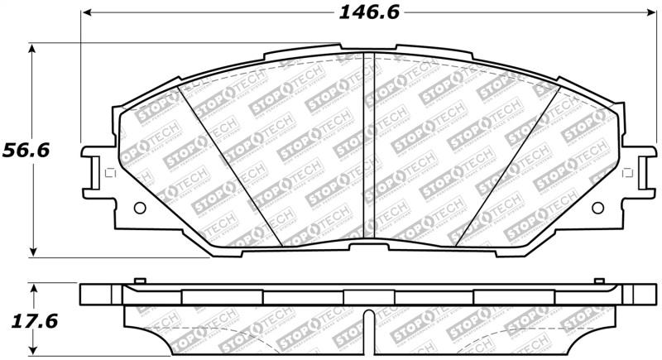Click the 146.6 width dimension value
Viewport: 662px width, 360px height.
point(363,13)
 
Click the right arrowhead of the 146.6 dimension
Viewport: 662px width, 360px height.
point(649,14)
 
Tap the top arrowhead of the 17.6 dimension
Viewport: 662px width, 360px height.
point(32,287)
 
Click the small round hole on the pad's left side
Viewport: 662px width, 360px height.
point(138,208)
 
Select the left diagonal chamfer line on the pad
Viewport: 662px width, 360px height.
point(233,166)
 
